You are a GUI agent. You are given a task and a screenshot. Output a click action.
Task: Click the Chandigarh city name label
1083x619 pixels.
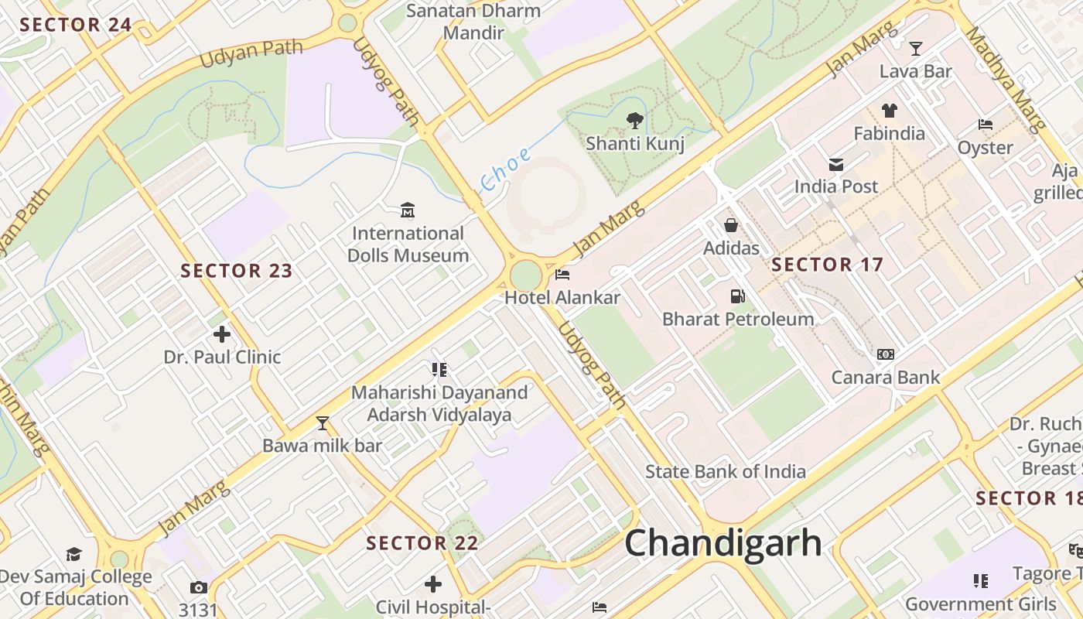click(723, 542)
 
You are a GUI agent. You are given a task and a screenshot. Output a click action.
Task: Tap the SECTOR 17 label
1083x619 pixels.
click(827, 265)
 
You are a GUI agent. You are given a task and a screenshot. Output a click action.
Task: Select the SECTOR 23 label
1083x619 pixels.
click(237, 271)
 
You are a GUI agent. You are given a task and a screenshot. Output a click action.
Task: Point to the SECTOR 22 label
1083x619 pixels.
click(422, 543)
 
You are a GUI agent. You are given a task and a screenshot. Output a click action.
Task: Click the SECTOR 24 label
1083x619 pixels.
click(76, 25)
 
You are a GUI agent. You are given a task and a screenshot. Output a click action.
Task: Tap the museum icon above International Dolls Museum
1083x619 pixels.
click(408, 210)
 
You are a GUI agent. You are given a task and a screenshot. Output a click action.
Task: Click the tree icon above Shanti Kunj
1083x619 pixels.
click(634, 120)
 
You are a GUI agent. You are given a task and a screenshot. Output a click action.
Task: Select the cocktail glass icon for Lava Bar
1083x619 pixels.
click(916, 49)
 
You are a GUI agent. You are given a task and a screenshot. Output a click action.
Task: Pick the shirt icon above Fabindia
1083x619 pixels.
click(889, 111)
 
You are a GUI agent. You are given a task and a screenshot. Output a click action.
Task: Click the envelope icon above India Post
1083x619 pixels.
click(836, 164)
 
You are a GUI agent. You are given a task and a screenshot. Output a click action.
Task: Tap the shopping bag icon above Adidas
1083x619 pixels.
click(731, 225)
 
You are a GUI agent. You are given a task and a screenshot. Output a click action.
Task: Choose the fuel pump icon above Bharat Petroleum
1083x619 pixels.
click(737, 296)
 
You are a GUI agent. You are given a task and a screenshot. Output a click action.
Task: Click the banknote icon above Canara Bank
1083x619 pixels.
click(885, 354)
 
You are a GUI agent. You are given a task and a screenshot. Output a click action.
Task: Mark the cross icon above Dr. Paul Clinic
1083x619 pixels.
click(222, 334)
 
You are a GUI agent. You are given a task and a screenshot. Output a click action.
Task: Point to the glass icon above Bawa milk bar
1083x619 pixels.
click(323, 422)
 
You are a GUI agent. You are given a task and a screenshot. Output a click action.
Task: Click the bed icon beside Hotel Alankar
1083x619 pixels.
click(562, 275)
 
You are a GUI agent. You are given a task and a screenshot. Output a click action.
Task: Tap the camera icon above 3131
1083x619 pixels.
click(199, 588)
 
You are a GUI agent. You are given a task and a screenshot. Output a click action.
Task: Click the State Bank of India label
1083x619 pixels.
click(726, 471)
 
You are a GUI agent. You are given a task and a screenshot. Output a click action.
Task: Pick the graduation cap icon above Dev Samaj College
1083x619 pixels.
click(74, 554)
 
